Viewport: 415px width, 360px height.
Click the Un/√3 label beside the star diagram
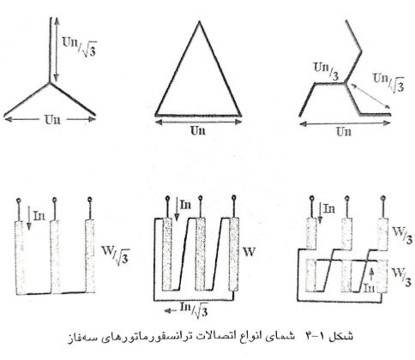coord(79,47)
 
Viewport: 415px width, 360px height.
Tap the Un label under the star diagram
coord(52,119)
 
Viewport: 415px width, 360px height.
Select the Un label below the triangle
coord(198,130)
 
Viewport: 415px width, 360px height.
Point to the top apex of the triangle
coord(199,22)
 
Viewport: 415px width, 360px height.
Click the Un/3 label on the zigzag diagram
coord(327,71)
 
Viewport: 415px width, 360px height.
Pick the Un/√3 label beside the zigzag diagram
coord(388,82)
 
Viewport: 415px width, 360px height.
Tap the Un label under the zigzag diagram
coord(343,132)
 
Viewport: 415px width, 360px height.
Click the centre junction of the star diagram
coord(50,83)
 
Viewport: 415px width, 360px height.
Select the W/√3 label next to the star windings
coord(116,254)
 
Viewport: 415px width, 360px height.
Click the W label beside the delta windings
coord(249,252)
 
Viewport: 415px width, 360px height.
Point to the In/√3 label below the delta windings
coord(194,309)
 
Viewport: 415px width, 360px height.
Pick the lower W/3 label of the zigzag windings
coord(401,277)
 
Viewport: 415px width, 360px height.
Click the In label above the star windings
coord(39,216)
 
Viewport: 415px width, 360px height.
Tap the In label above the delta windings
coord(185,205)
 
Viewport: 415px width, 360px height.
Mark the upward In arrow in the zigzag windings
coord(371,274)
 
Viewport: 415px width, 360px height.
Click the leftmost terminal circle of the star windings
coord(19,201)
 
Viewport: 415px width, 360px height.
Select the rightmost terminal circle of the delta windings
coord(234,197)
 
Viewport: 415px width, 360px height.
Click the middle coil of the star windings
coord(55,256)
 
